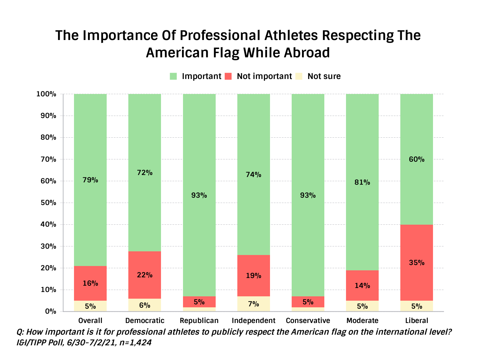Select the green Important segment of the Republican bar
(199, 150)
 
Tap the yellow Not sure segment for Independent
(253, 304)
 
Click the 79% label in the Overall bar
(90, 180)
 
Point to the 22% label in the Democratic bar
(145, 275)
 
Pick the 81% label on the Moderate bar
(362, 182)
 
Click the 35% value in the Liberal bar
(417, 263)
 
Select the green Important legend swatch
(173, 76)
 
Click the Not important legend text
(264, 76)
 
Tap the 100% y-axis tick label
(46, 94)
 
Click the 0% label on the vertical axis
(51, 311)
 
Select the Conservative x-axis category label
(308, 321)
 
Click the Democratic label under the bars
(145, 321)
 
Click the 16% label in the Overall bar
(90, 283)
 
